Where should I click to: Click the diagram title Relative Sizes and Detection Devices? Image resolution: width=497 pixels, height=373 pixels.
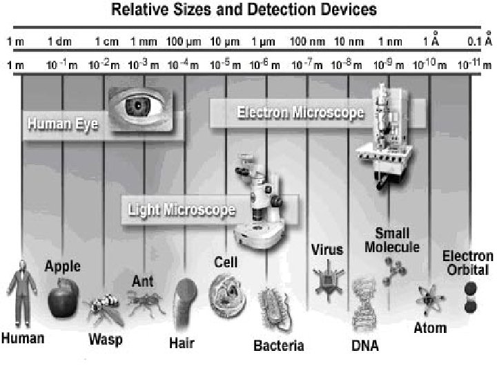click(245, 10)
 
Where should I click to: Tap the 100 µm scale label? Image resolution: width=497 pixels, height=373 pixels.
click(184, 41)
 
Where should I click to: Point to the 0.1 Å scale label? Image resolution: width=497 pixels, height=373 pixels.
click(479, 40)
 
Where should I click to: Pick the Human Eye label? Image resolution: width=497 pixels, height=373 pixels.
click(63, 125)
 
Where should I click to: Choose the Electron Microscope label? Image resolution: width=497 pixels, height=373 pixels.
click(300, 113)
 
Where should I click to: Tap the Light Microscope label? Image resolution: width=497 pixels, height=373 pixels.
click(182, 208)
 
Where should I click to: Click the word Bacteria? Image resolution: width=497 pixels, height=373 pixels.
click(278, 345)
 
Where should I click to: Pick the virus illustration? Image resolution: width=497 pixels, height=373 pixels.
click(323, 278)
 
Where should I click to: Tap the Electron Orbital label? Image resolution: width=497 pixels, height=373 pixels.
click(468, 262)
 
